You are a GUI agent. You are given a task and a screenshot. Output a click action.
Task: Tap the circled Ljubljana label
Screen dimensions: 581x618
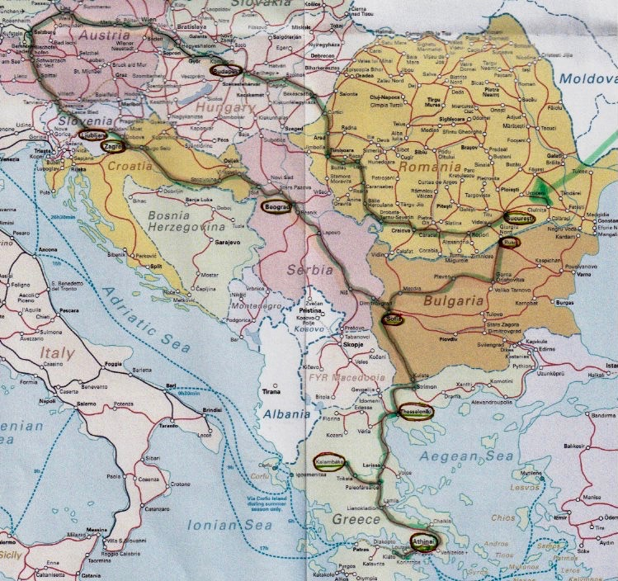tap(93, 134)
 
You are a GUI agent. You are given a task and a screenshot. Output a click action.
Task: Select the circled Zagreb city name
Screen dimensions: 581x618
tap(113, 145)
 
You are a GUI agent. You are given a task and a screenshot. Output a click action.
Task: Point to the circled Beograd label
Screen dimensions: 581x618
tap(278, 206)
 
